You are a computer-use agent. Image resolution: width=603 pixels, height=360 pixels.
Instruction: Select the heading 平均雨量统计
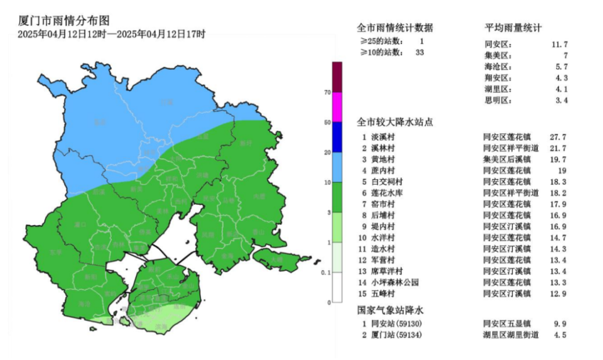513,28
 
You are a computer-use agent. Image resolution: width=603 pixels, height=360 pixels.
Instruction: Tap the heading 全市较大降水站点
394,122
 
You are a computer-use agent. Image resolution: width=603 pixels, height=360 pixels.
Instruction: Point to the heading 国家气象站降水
391,310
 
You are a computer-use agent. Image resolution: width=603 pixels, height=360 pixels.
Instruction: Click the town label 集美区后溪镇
507,159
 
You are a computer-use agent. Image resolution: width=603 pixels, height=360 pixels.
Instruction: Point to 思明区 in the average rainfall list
498,100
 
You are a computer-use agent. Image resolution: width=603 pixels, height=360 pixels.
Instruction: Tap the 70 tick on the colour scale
327,92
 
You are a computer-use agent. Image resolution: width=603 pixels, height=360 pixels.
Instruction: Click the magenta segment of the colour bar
337,107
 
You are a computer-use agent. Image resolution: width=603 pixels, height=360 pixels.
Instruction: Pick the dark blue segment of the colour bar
337,137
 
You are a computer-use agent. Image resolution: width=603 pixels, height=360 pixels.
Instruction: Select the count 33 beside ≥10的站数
420,53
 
